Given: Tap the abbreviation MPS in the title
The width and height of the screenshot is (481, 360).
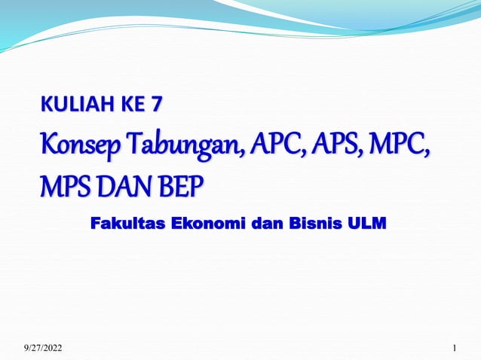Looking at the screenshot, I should pos(66,183).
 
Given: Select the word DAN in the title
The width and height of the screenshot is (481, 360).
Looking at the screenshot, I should pos(123,183).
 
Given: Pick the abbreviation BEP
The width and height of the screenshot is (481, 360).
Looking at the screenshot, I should pos(179,183).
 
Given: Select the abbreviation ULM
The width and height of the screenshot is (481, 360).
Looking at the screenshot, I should pos(366,224).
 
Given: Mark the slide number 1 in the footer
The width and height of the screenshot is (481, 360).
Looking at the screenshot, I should pos(455,347).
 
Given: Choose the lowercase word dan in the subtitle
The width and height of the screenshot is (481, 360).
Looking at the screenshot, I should pos(265,224).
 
